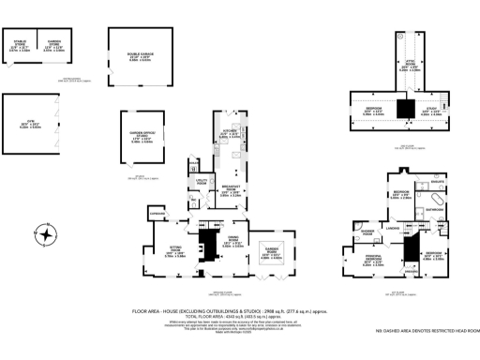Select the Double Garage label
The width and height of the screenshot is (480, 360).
[x=140, y=55]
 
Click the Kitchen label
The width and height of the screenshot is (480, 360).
[x=227, y=134]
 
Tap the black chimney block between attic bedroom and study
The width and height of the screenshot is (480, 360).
[x=406, y=109]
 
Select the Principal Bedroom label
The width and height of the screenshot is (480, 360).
[x=373, y=260]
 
